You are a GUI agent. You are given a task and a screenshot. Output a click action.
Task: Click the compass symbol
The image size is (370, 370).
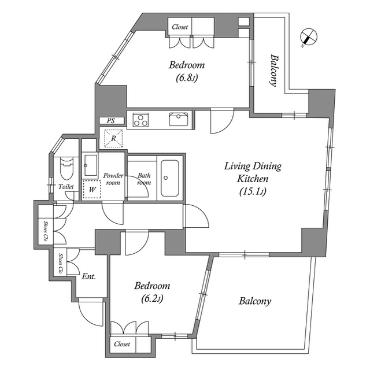click(x=308, y=37)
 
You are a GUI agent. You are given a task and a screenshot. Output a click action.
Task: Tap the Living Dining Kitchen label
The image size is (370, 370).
click(x=253, y=172)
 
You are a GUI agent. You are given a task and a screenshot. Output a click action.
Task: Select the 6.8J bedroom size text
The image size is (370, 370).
click(x=186, y=77)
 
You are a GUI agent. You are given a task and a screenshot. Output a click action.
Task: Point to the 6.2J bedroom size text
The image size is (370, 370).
click(x=152, y=299)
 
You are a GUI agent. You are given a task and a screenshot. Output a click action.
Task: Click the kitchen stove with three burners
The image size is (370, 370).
click(x=140, y=120)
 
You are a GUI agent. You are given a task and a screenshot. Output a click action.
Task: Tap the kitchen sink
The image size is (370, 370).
click(x=179, y=119)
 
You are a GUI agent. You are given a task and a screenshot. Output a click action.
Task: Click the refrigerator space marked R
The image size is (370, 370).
click(x=113, y=138)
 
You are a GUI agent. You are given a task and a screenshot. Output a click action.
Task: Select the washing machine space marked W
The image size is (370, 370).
click(x=92, y=189)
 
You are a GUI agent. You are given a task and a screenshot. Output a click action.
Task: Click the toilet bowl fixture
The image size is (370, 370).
click(x=66, y=168)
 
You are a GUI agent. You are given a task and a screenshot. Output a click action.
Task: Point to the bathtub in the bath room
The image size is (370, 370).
click(x=169, y=178)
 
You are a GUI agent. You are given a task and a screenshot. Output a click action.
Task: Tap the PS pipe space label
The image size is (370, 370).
click(x=110, y=121)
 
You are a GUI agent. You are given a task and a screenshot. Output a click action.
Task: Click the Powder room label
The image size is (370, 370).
click(x=113, y=179)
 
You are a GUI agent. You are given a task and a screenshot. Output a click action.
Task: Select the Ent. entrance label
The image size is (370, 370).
click(x=88, y=276)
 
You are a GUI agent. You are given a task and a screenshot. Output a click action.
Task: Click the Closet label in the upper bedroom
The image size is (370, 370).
click(x=180, y=27)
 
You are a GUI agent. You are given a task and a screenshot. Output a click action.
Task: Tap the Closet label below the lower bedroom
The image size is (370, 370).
click(x=122, y=344)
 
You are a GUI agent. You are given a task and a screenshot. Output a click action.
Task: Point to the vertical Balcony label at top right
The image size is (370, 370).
click(x=273, y=71)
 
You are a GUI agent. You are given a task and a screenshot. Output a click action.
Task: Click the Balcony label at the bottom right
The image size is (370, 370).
click(x=255, y=301)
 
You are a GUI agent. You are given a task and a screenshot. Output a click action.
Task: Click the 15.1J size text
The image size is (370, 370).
click(x=253, y=191)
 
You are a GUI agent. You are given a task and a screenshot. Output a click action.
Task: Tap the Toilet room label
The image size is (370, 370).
click(x=66, y=187)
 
